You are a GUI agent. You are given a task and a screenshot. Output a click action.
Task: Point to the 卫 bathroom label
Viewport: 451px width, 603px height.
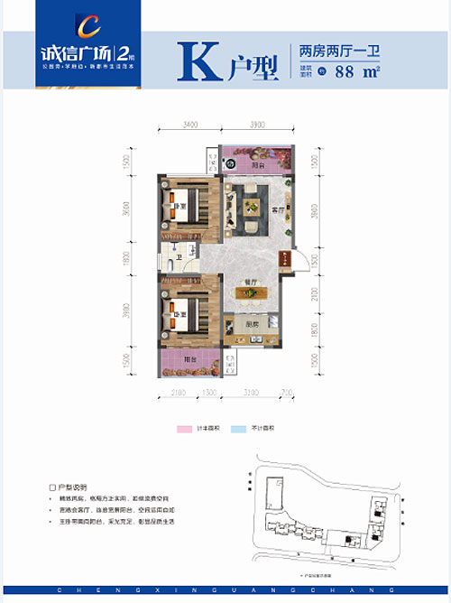(x=179, y=257)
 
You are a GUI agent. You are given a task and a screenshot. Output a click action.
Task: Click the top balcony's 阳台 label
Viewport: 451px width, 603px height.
(x=258, y=165)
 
